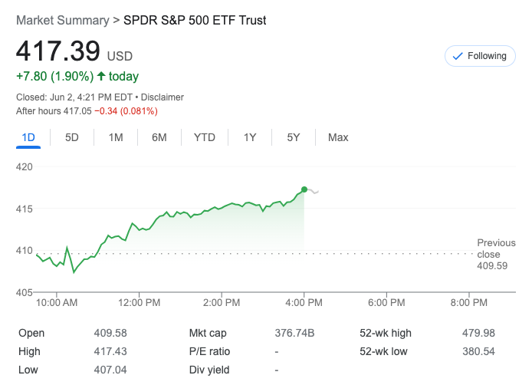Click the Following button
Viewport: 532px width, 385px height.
coord(480,56)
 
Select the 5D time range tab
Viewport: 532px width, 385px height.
coord(72,137)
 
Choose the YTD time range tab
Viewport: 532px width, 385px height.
coord(204,137)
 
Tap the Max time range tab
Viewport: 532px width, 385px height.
coord(337,137)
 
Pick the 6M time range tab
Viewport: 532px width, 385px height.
coord(159,137)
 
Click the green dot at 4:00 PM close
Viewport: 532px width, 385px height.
coord(304,189)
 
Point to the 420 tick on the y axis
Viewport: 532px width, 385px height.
coord(25,166)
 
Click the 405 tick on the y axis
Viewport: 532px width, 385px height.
coord(25,292)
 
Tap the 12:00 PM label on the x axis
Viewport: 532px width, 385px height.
coord(140,303)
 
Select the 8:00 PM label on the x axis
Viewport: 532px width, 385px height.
coord(468,303)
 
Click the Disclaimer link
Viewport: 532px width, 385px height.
coord(163,97)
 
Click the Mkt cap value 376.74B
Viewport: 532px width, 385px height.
coord(294,333)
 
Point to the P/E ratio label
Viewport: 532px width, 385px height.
coord(209,351)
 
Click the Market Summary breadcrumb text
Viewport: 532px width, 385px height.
coord(62,21)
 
